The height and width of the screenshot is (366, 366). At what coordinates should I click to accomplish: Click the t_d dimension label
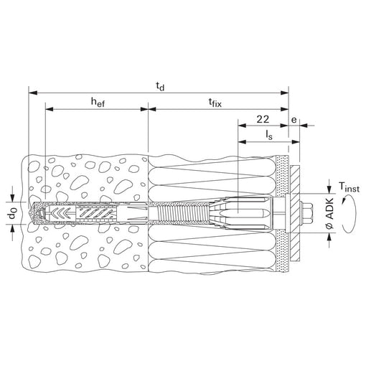click(x=160, y=86)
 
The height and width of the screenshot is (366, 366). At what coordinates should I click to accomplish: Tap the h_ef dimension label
click(x=98, y=103)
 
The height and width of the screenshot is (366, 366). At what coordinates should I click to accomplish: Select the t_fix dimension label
click(x=215, y=103)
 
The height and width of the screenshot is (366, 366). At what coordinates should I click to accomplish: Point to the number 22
click(x=263, y=119)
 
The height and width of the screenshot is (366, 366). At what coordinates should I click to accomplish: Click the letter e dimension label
click(x=294, y=120)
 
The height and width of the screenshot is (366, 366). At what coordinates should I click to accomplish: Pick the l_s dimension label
click(x=269, y=135)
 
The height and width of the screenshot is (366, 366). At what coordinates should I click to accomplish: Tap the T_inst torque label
click(x=349, y=187)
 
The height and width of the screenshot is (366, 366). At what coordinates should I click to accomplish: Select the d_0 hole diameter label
click(x=12, y=213)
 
